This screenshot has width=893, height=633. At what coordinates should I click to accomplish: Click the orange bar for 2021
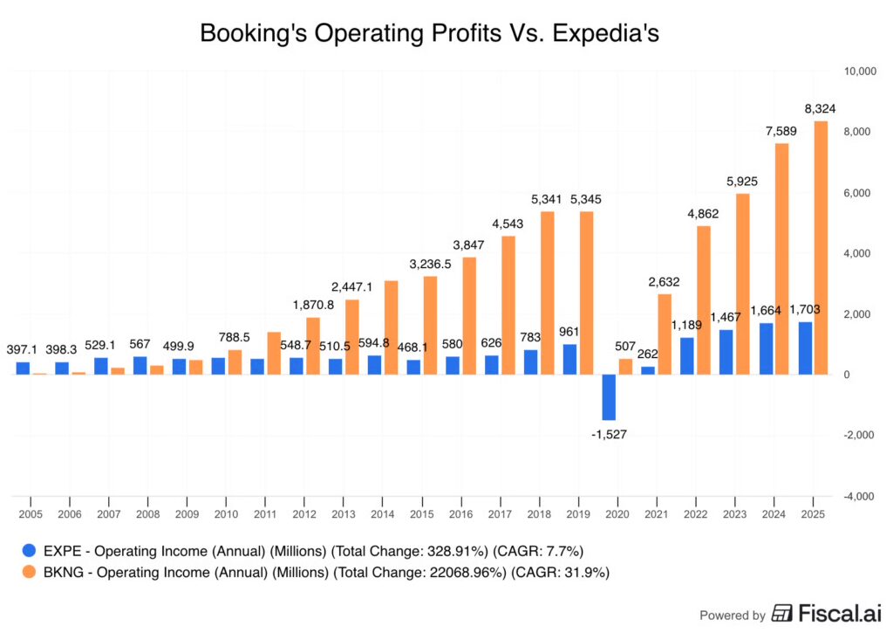pos(665,334)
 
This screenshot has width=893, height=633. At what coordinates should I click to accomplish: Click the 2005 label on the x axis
pos(31,515)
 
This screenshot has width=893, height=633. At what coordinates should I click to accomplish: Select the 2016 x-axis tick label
pos(460,515)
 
